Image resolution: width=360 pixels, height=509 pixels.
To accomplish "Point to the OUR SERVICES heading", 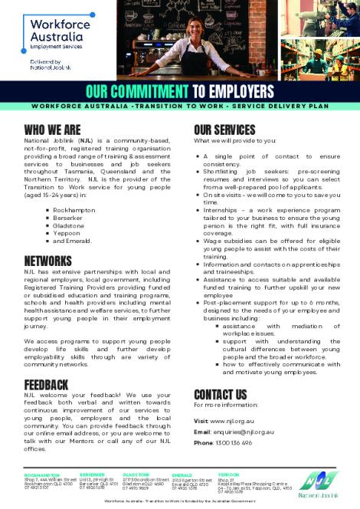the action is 224,130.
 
